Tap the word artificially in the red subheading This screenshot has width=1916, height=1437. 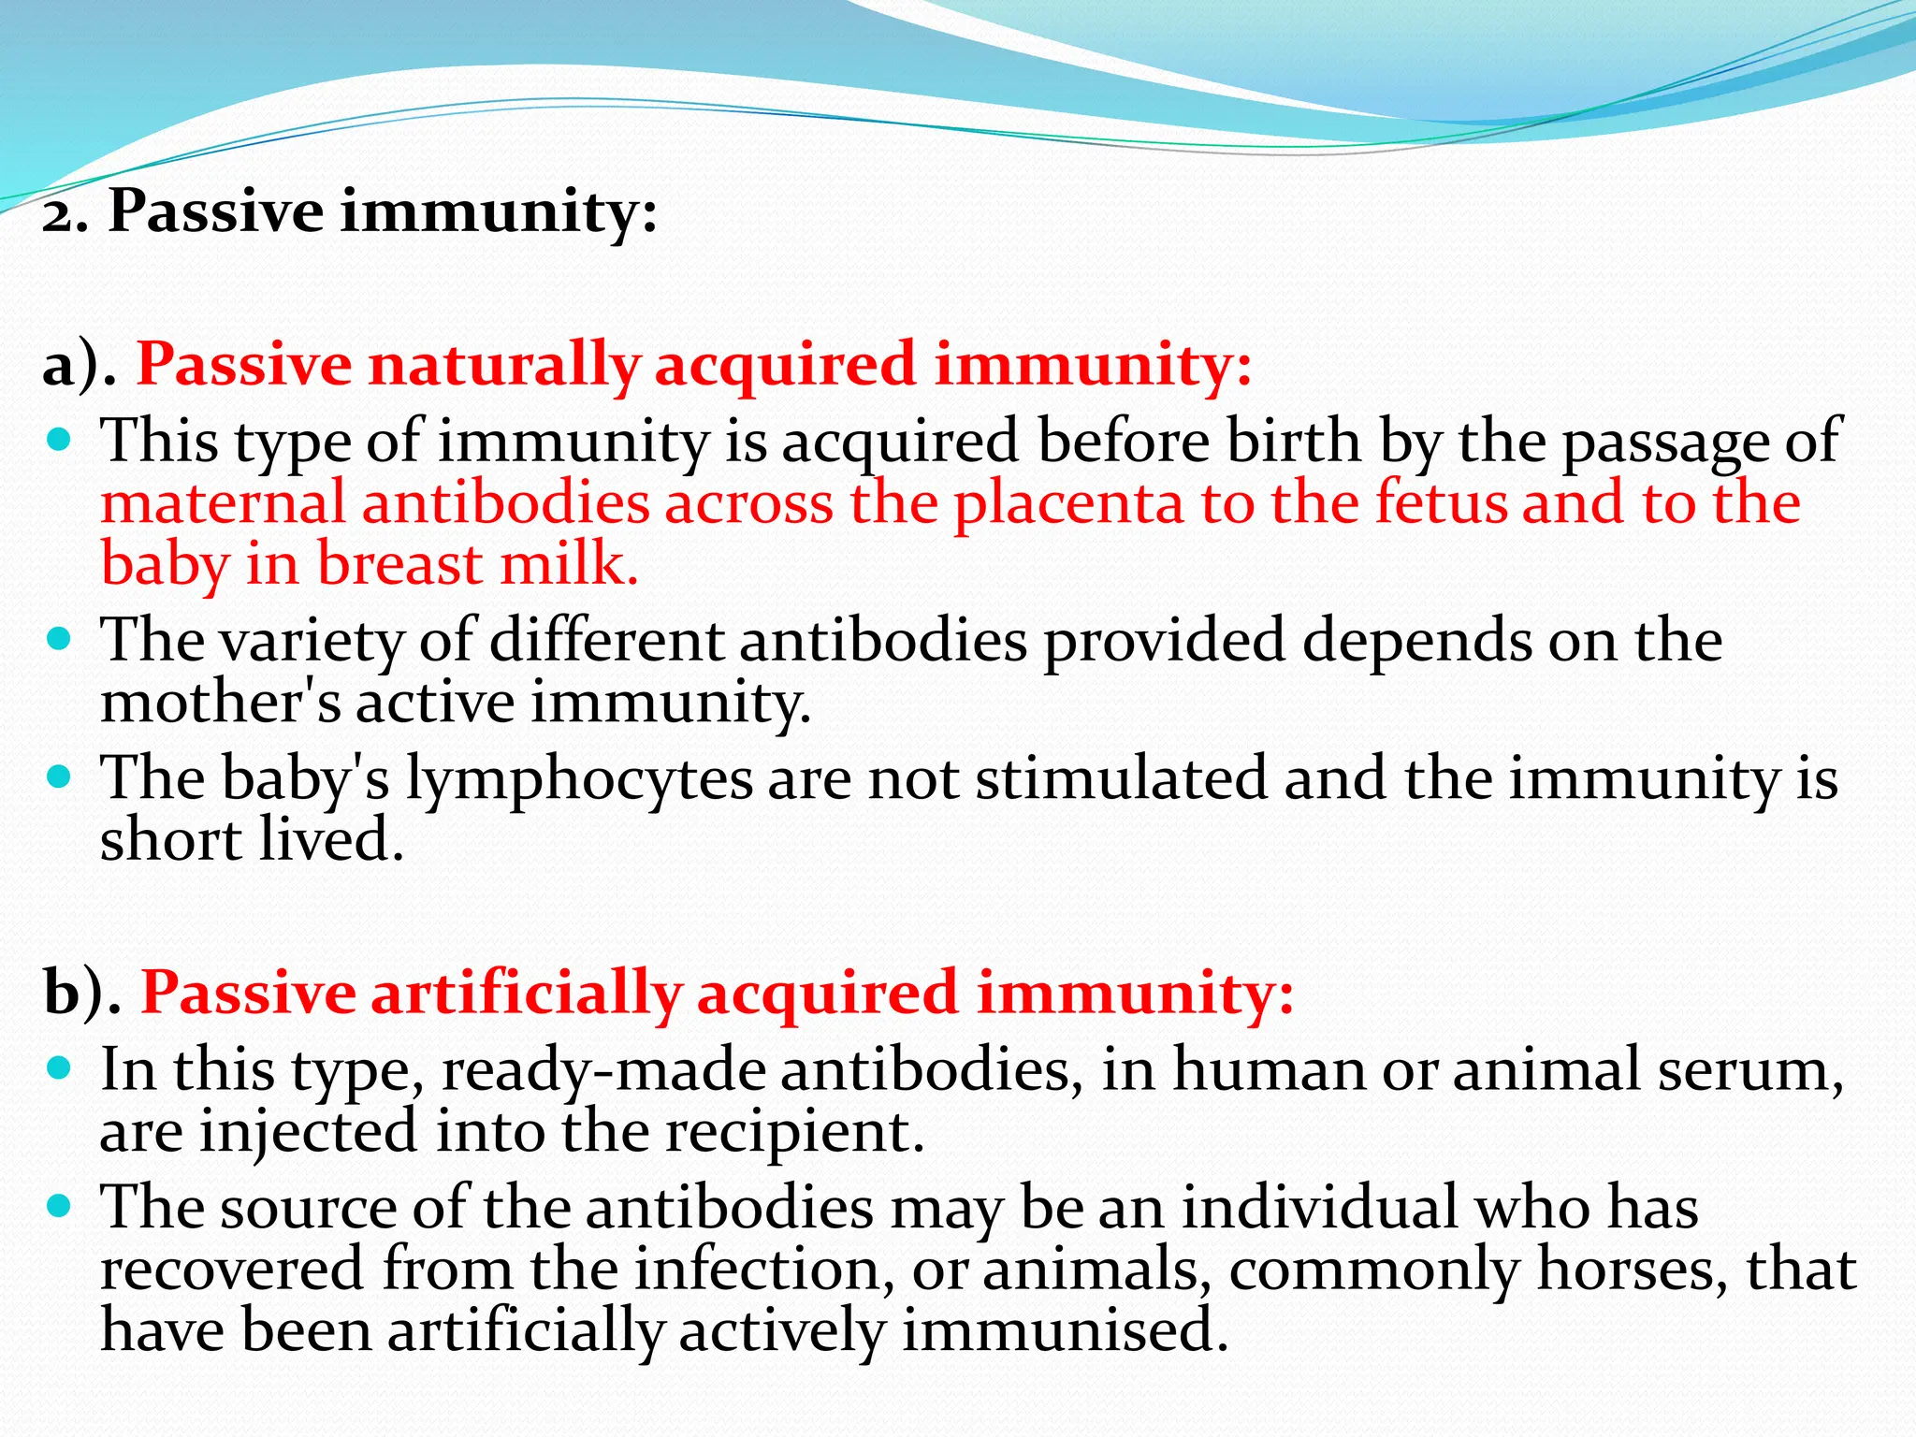click(527, 994)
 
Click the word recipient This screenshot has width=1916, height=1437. click(794, 1133)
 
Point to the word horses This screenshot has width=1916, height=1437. click(1633, 1270)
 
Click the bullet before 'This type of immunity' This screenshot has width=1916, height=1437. click(59, 439)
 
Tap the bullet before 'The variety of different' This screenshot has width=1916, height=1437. click(59, 639)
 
